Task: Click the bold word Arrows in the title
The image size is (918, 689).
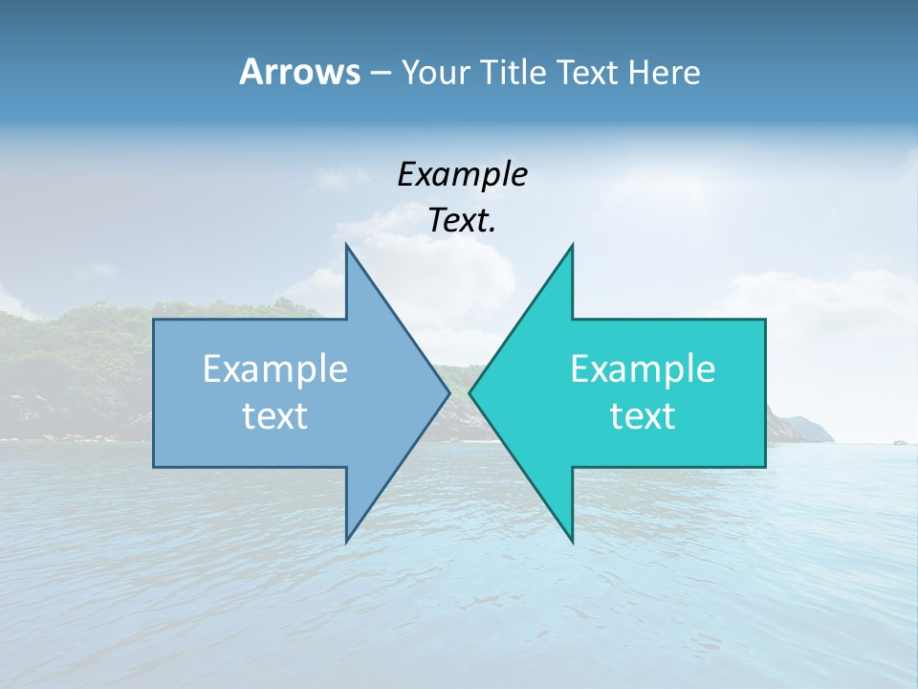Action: (x=299, y=72)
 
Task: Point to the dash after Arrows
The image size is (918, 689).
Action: (x=380, y=73)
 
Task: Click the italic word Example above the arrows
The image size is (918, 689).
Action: (x=462, y=174)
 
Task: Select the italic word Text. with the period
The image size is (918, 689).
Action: (x=462, y=221)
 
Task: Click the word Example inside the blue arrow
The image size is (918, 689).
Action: (x=275, y=368)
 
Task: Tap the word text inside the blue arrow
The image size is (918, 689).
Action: (x=275, y=415)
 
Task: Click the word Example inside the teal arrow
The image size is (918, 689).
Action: (x=643, y=368)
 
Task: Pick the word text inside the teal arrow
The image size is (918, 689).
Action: (x=643, y=415)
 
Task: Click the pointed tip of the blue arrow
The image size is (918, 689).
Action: (x=449, y=392)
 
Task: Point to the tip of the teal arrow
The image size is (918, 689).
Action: (x=470, y=392)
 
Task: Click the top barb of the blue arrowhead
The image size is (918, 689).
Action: (x=346, y=246)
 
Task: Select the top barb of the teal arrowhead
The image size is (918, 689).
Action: (x=572, y=246)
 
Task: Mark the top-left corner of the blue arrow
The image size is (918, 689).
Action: (x=154, y=320)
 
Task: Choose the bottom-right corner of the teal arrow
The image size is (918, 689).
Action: (x=765, y=466)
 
